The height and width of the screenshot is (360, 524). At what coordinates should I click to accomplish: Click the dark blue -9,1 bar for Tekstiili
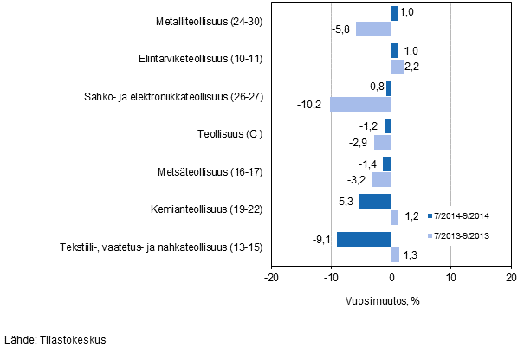pos(364,239)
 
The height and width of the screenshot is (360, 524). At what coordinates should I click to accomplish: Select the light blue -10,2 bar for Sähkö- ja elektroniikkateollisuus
pos(360,104)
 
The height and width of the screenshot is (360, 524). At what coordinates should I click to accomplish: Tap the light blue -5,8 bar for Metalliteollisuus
pos(373,29)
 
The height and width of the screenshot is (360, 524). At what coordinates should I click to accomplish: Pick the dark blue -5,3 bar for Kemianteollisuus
pos(375,202)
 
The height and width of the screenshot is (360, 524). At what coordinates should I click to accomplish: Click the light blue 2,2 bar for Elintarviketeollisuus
pos(398,67)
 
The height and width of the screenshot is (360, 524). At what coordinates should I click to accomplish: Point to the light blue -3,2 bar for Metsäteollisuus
pos(381,179)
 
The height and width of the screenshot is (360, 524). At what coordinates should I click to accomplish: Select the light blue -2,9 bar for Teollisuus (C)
pos(382,142)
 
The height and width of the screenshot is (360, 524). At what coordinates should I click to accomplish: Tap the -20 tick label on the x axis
pos(271,277)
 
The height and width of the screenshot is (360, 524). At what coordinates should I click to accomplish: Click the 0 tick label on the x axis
pos(391,277)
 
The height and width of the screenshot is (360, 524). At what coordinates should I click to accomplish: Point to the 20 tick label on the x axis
pos(510,277)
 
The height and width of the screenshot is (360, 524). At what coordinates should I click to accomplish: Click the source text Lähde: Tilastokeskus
pos(55,340)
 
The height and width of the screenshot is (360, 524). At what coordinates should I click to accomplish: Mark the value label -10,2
pos(309,104)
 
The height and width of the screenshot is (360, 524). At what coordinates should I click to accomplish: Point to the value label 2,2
pos(412,67)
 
